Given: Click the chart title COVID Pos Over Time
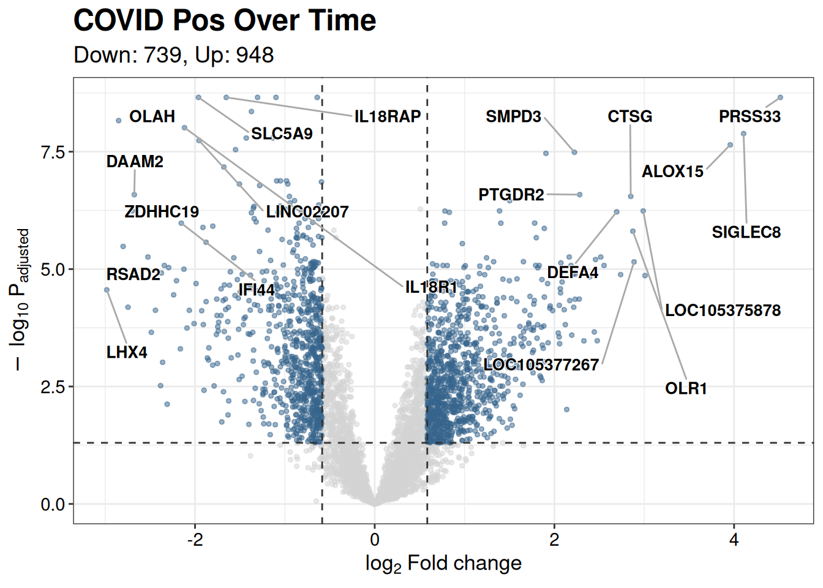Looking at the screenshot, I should pyautogui.click(x=224, y=21).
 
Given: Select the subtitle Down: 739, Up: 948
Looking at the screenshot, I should pyautogui.click(x=173, y=55).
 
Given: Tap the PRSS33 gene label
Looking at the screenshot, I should pyautogui.click(x=750, y=116).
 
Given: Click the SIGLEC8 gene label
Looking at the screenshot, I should pyautogui.click(x=746, y=232).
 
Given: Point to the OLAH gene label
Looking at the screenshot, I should pyautogui.click(x=152, y=116).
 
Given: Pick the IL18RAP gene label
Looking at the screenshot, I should pyautogui.click(x=388, y=116).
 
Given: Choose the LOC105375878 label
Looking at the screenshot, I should pyautogui.click(x=723, y=310).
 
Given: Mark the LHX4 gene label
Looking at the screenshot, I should pyautogui.click(x=127, y=352).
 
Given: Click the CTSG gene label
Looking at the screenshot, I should pyautogui.click(x=629, y=116).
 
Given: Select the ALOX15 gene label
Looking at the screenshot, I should pyautogui.click(x=672, y=171).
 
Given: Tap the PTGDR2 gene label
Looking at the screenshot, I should pyautogui.click(x=511, y=195).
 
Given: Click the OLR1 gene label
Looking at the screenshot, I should pyautogui.click(x=686, y=388).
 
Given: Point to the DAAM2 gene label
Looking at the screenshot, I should pyautogui.click(x=135, y=162).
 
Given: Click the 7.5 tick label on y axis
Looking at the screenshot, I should pyautogui.click(x=53, y=152).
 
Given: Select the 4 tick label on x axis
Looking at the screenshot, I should pyautogui.click(x=734, y=540).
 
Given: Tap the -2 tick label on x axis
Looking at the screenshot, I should pyautogui.click(x=195, y=540).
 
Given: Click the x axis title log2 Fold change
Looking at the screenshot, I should pyautogui.click(x=443, y=563).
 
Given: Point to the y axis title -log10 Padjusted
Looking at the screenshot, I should pyautogui.click(x=20, y=300).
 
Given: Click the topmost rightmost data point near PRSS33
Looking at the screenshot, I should pyautogui.click(x=780, y=97).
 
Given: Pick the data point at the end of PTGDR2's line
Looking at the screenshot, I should pyautogui.click(x=580, y=195).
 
